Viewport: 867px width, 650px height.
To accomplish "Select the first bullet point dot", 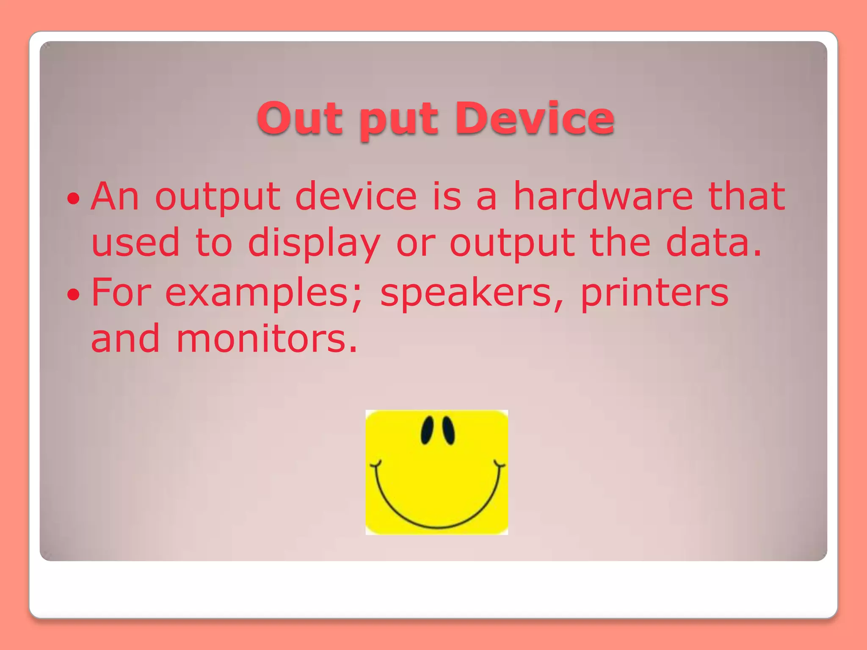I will [73, 198].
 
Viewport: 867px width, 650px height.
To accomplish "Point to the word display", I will [314, 244].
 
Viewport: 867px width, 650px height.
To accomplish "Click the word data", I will [714, 243].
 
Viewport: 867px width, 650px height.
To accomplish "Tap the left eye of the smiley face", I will [427, 430].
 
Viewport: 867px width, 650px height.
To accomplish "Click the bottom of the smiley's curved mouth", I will [438, 527].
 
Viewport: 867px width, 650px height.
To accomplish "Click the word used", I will [135, 243].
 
